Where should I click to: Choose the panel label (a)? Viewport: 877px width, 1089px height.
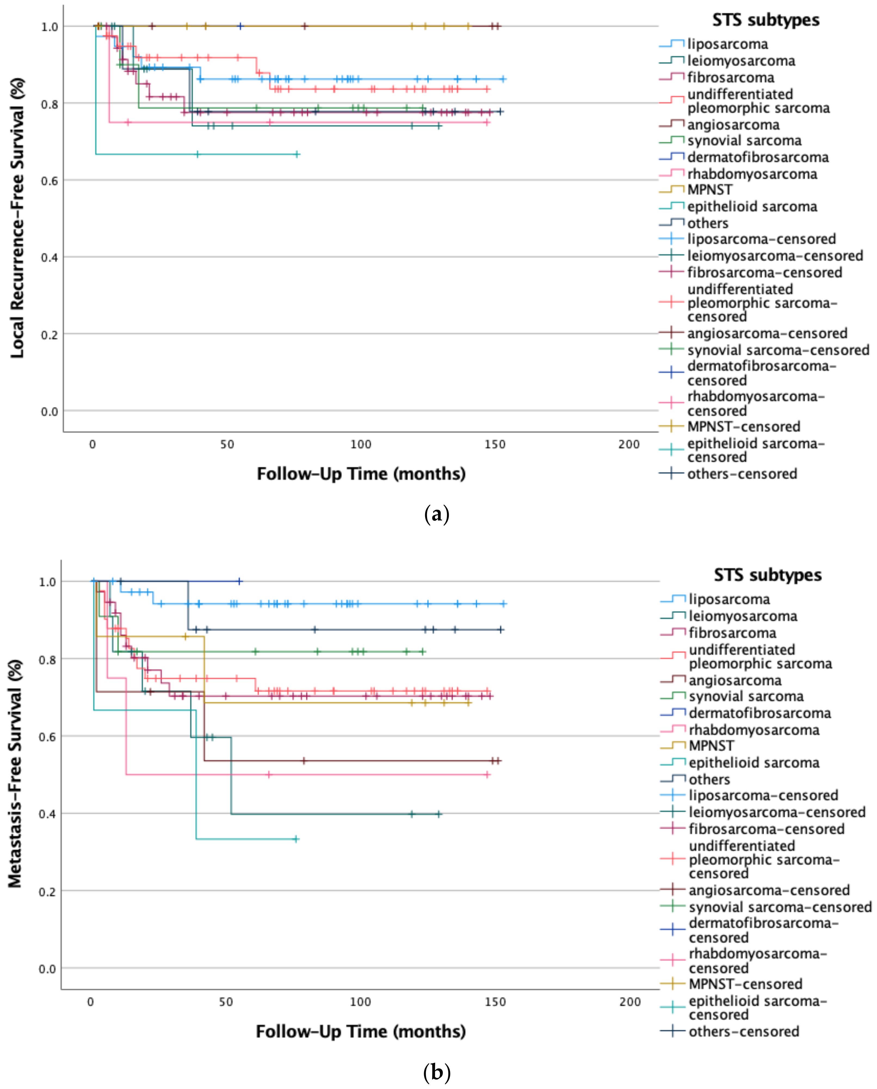tap(437, 515)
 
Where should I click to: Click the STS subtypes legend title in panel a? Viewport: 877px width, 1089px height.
tap(765, 20)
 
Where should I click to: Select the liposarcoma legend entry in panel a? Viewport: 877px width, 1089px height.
tap(727, 44)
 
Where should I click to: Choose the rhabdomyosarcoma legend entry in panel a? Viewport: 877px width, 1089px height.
tap(752, 174)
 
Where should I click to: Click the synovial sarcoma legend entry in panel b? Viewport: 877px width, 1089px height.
tap(746, 697)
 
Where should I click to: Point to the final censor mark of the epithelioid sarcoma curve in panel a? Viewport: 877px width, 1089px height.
tap(297, 154)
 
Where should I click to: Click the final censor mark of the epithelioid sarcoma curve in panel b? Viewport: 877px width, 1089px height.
tap(296, 839)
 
